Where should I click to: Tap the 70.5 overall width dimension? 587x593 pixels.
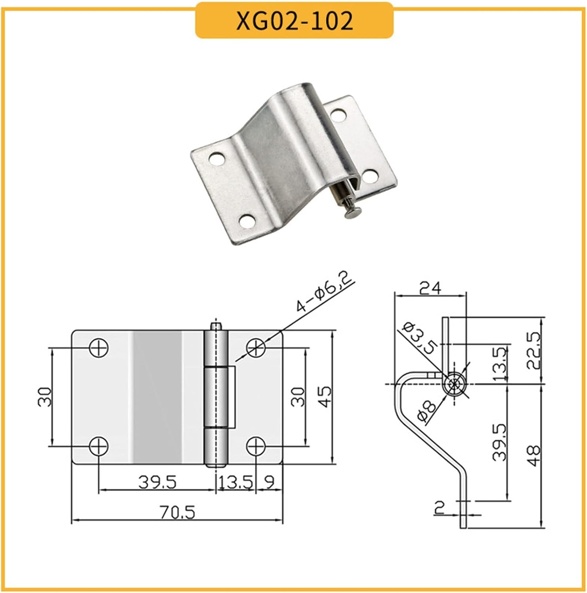point(177,513)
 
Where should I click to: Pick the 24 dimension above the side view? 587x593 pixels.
point(430,288)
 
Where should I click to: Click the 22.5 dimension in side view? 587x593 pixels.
point(534,350)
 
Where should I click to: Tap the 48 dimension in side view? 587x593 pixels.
point(534,456)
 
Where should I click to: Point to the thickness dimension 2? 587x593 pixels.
point(439,507)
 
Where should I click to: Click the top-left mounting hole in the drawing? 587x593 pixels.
point(98,348)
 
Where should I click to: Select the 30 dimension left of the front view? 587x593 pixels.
point(45,397)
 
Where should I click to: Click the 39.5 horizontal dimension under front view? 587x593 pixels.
point(157,482)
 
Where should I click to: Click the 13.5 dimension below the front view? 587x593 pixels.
point(236,482)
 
